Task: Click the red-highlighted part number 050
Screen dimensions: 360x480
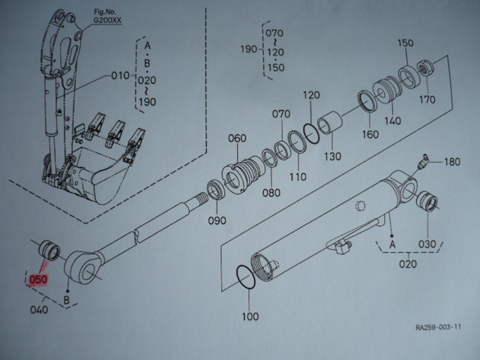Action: [x=38, y=280]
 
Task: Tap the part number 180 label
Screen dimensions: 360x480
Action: [x=452, y=162]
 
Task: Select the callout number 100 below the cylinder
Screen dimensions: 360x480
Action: [x=250, y=316]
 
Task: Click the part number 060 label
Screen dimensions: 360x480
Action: [x=236, y=139]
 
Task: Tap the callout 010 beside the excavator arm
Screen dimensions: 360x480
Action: [x=121, y=76]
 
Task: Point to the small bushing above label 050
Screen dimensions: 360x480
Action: [x=49, y=250]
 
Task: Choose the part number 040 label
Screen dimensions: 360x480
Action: [x=38, y=310]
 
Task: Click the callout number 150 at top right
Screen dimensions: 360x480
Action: [x=405, y=43]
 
